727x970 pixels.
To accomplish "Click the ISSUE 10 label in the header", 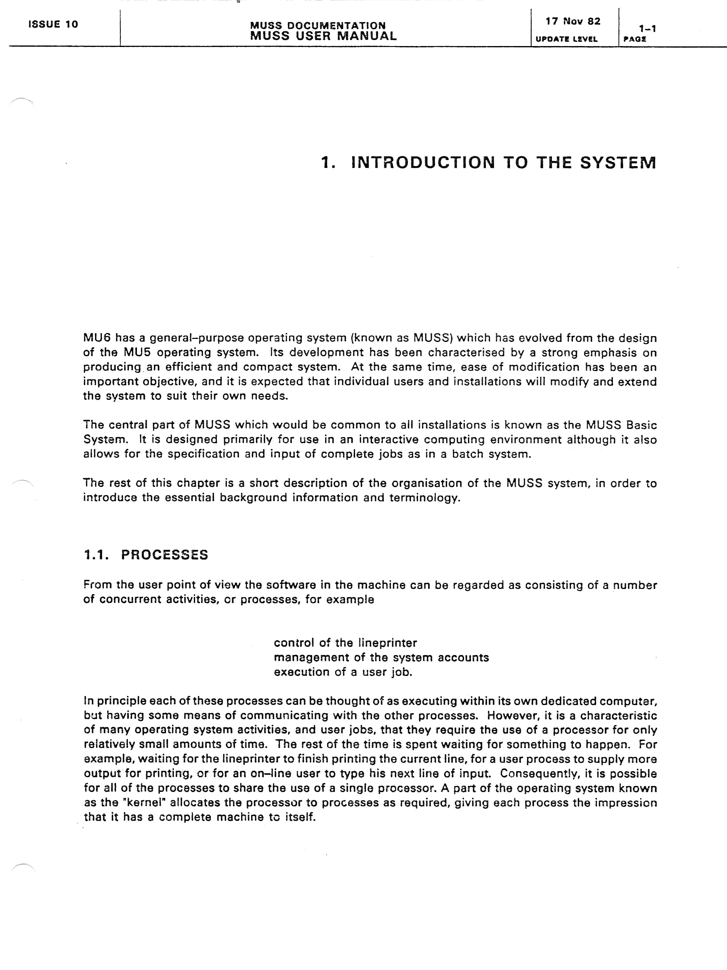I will (x=53, y=25).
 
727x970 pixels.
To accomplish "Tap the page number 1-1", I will (x=647, y=29).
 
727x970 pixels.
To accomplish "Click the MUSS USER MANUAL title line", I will (x=324, y=36).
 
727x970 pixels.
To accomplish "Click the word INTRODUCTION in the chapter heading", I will (x=423, y=163).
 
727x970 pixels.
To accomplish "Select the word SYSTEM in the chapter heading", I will (x=618, y=163).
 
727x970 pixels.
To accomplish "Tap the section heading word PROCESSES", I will (x=164, y=555).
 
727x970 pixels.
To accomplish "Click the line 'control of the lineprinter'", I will (x=345, y=643).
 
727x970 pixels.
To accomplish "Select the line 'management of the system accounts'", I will (x=381, y=657).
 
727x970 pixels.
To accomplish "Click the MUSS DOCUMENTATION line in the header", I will (x=318, y=26).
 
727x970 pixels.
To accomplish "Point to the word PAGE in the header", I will (x=635, y=39).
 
